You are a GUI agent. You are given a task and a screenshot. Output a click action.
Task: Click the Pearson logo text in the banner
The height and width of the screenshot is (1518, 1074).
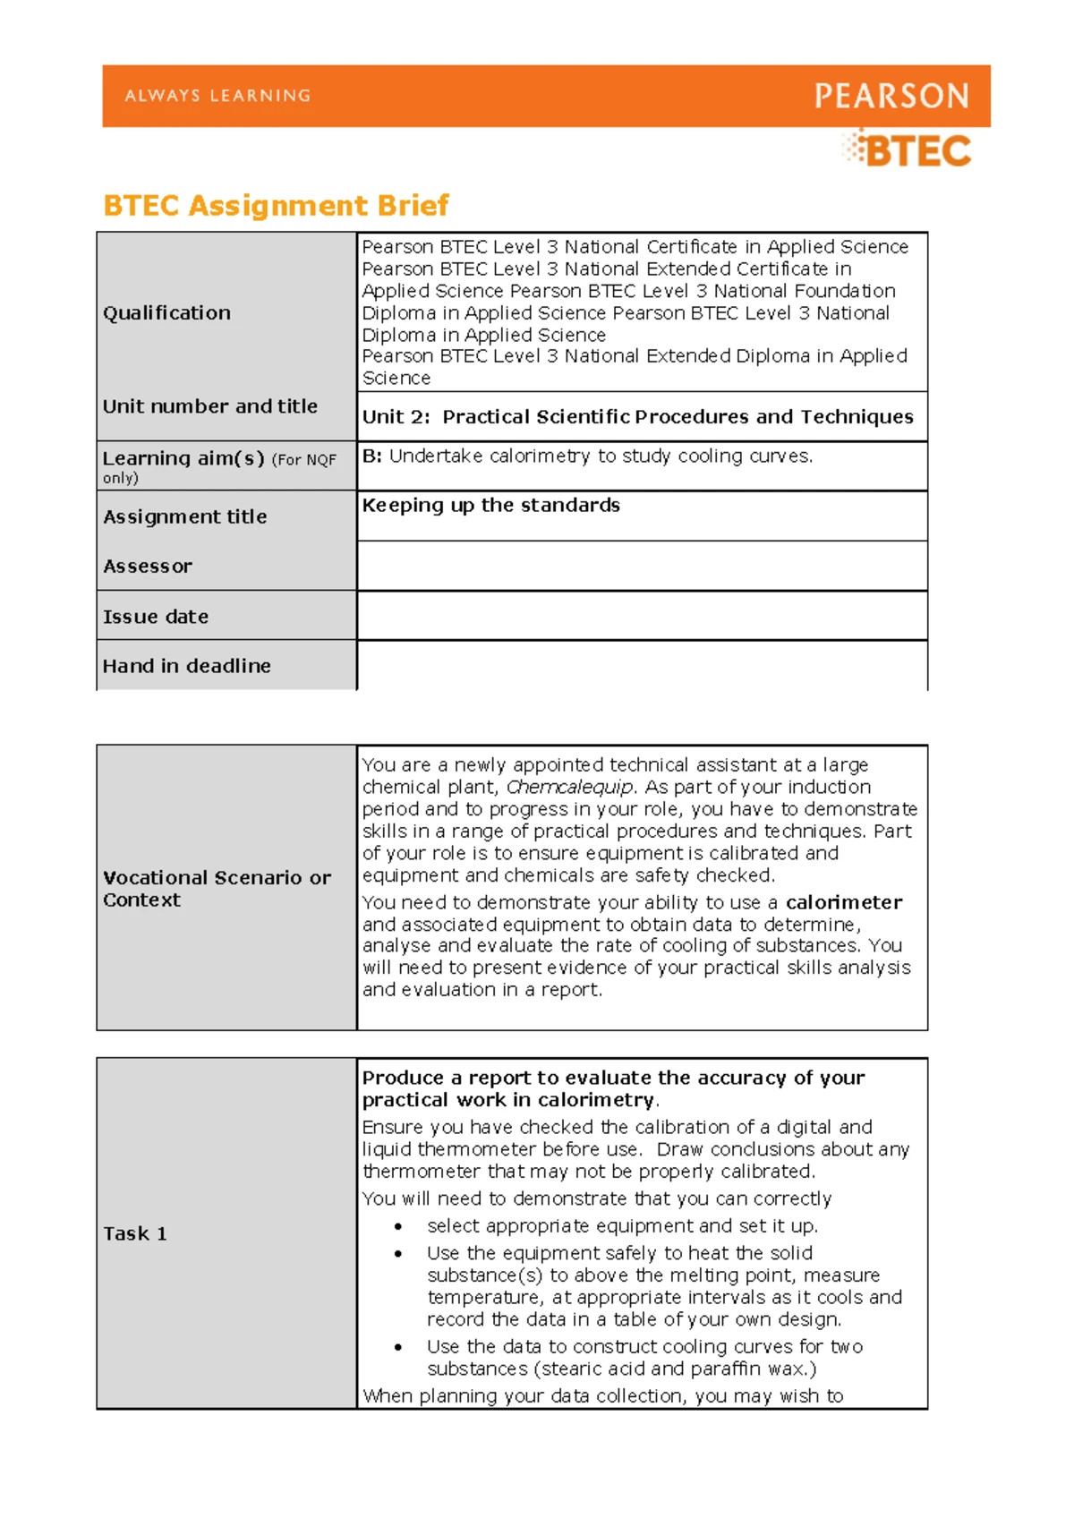[891, 96]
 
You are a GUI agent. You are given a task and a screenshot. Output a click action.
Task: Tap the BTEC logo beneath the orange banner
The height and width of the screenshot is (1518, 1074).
[908, 150]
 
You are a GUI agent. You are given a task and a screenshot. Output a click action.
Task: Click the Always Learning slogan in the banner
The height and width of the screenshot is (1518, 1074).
[217, 96]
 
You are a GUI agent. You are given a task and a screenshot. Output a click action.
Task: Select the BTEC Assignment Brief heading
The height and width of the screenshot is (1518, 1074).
[276, 206]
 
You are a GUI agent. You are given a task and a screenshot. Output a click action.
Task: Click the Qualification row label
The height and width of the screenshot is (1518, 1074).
[166, 313]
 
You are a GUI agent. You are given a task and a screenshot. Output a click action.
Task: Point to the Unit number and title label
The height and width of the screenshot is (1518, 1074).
[209, 406]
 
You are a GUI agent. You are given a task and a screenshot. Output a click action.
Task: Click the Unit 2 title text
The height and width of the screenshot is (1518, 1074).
[637, 417]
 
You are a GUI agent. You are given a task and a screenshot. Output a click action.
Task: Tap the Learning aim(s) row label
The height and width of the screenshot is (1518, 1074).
[183, 458]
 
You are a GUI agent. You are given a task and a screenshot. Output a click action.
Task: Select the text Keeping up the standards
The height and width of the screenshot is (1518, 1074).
[490, 506]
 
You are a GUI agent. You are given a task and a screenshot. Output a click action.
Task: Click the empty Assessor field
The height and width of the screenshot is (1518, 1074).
[641, 566]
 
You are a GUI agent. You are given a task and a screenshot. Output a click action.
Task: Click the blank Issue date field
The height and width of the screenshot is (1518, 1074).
[641, 616]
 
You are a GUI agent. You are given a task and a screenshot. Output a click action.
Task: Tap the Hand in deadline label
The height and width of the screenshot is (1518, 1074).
[186, 666]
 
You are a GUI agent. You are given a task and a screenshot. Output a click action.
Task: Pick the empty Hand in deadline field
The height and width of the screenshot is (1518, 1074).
[641, 666]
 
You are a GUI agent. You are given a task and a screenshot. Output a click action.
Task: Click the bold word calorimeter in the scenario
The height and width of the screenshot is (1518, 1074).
[843, 902]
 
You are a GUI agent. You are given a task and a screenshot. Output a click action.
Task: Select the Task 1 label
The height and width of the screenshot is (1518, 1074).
[135, 1233]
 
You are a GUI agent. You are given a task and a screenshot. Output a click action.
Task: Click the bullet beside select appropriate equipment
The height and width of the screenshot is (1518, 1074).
[398, 1227]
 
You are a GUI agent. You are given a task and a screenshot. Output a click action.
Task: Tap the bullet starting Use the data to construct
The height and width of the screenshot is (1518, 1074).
[398, 1347]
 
